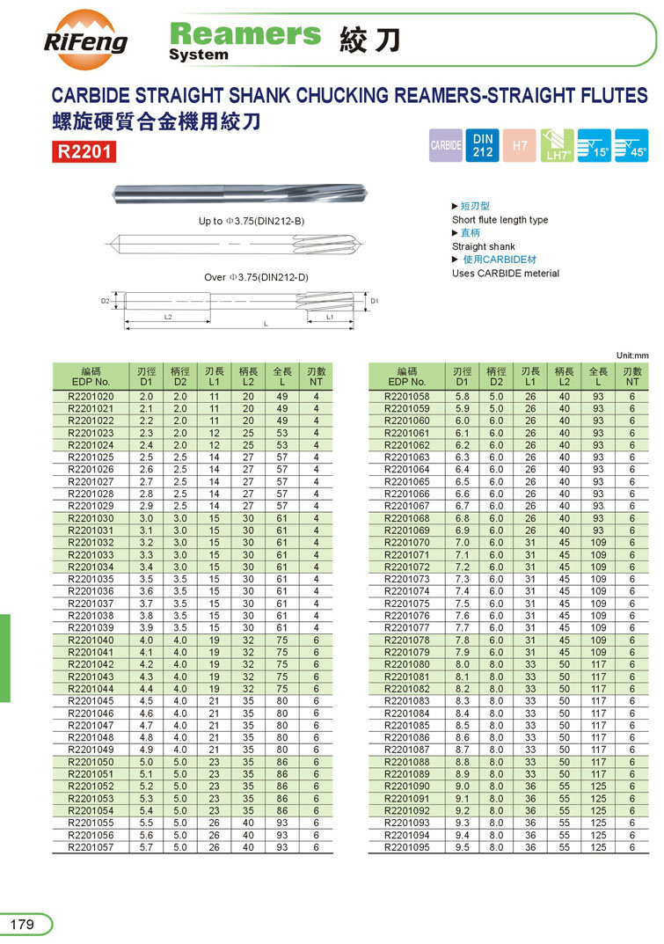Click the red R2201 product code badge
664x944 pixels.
click(x=84, y=152)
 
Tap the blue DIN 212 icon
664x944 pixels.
click(x=483, y=145)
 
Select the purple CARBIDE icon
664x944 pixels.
click(x=446, y=145)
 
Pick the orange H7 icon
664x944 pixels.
click(x=520, y=145)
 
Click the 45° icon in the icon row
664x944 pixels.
click(x=631, y=145)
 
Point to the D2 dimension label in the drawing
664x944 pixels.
click(x=105, y=301)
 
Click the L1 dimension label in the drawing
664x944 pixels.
click(x=330, y=316)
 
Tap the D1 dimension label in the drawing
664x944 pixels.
click(x=374, y=301)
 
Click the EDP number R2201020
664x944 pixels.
click(x=91, y=396)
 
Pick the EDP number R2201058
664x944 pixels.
click(x=407, y=396)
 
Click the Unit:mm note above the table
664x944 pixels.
click(x=631, y=355)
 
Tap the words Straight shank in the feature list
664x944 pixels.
click(x=484, y=246)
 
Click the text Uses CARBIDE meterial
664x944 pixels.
click(x=506, y=273)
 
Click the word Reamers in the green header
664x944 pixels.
click(x=245, y=34)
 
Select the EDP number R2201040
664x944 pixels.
click(x=91, y=640)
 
